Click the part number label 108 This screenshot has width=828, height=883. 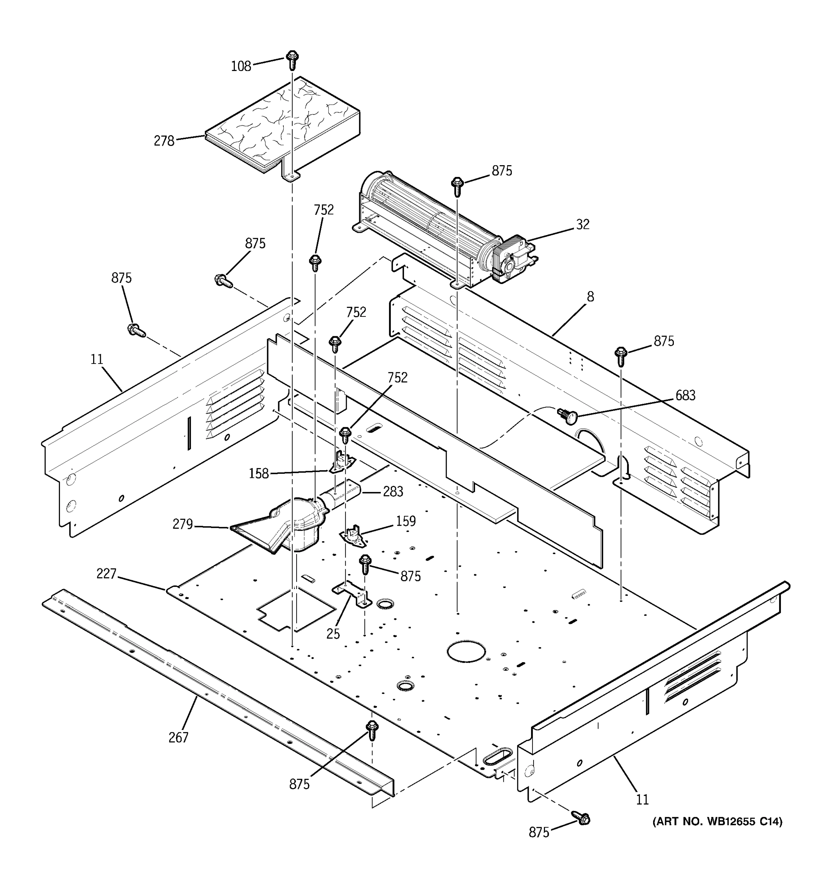click(241, 66)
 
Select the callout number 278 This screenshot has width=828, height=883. click(164, 141)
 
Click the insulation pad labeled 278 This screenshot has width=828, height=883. click(280, 124)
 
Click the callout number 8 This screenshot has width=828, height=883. click(590, 296)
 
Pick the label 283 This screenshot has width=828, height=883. click(393, 491)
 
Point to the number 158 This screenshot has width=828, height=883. click(259, 474)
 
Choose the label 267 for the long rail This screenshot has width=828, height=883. click(178, 737)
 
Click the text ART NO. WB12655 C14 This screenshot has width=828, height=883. click(717, 821)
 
